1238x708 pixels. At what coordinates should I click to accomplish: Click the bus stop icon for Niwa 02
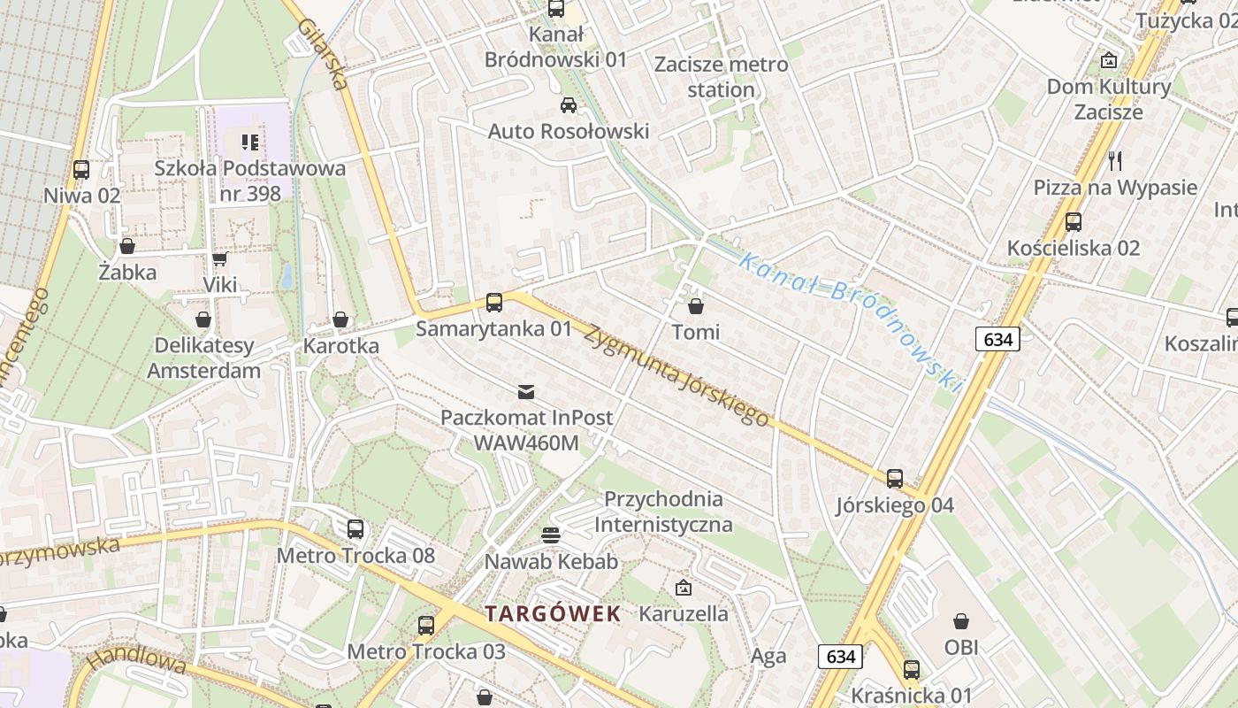81,169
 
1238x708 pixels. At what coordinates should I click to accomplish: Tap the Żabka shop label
127,272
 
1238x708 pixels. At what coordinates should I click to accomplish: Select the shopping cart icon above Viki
219,258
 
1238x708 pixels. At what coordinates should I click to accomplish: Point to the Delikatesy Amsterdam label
203,358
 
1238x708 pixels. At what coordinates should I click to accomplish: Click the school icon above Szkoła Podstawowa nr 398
250,142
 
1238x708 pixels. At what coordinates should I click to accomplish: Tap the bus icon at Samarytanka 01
494,303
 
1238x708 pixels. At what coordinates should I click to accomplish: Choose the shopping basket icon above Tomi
696,306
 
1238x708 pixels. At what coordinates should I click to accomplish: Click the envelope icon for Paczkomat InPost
526,391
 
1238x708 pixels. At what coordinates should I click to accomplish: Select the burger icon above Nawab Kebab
551,535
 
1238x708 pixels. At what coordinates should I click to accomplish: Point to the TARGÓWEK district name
553,614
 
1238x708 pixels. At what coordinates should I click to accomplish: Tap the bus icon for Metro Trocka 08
355,529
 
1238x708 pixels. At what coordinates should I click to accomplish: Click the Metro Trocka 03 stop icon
426,626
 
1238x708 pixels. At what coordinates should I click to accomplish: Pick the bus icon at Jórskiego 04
895,479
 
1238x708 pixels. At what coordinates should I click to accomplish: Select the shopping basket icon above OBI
961,621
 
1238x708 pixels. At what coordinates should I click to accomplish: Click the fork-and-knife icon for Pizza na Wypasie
1115,161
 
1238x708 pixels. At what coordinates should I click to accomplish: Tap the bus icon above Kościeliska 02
1074,222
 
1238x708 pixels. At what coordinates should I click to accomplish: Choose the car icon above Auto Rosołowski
569,105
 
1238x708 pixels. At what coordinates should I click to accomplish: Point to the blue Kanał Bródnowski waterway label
850,319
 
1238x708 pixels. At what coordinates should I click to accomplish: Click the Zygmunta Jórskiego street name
676,375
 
